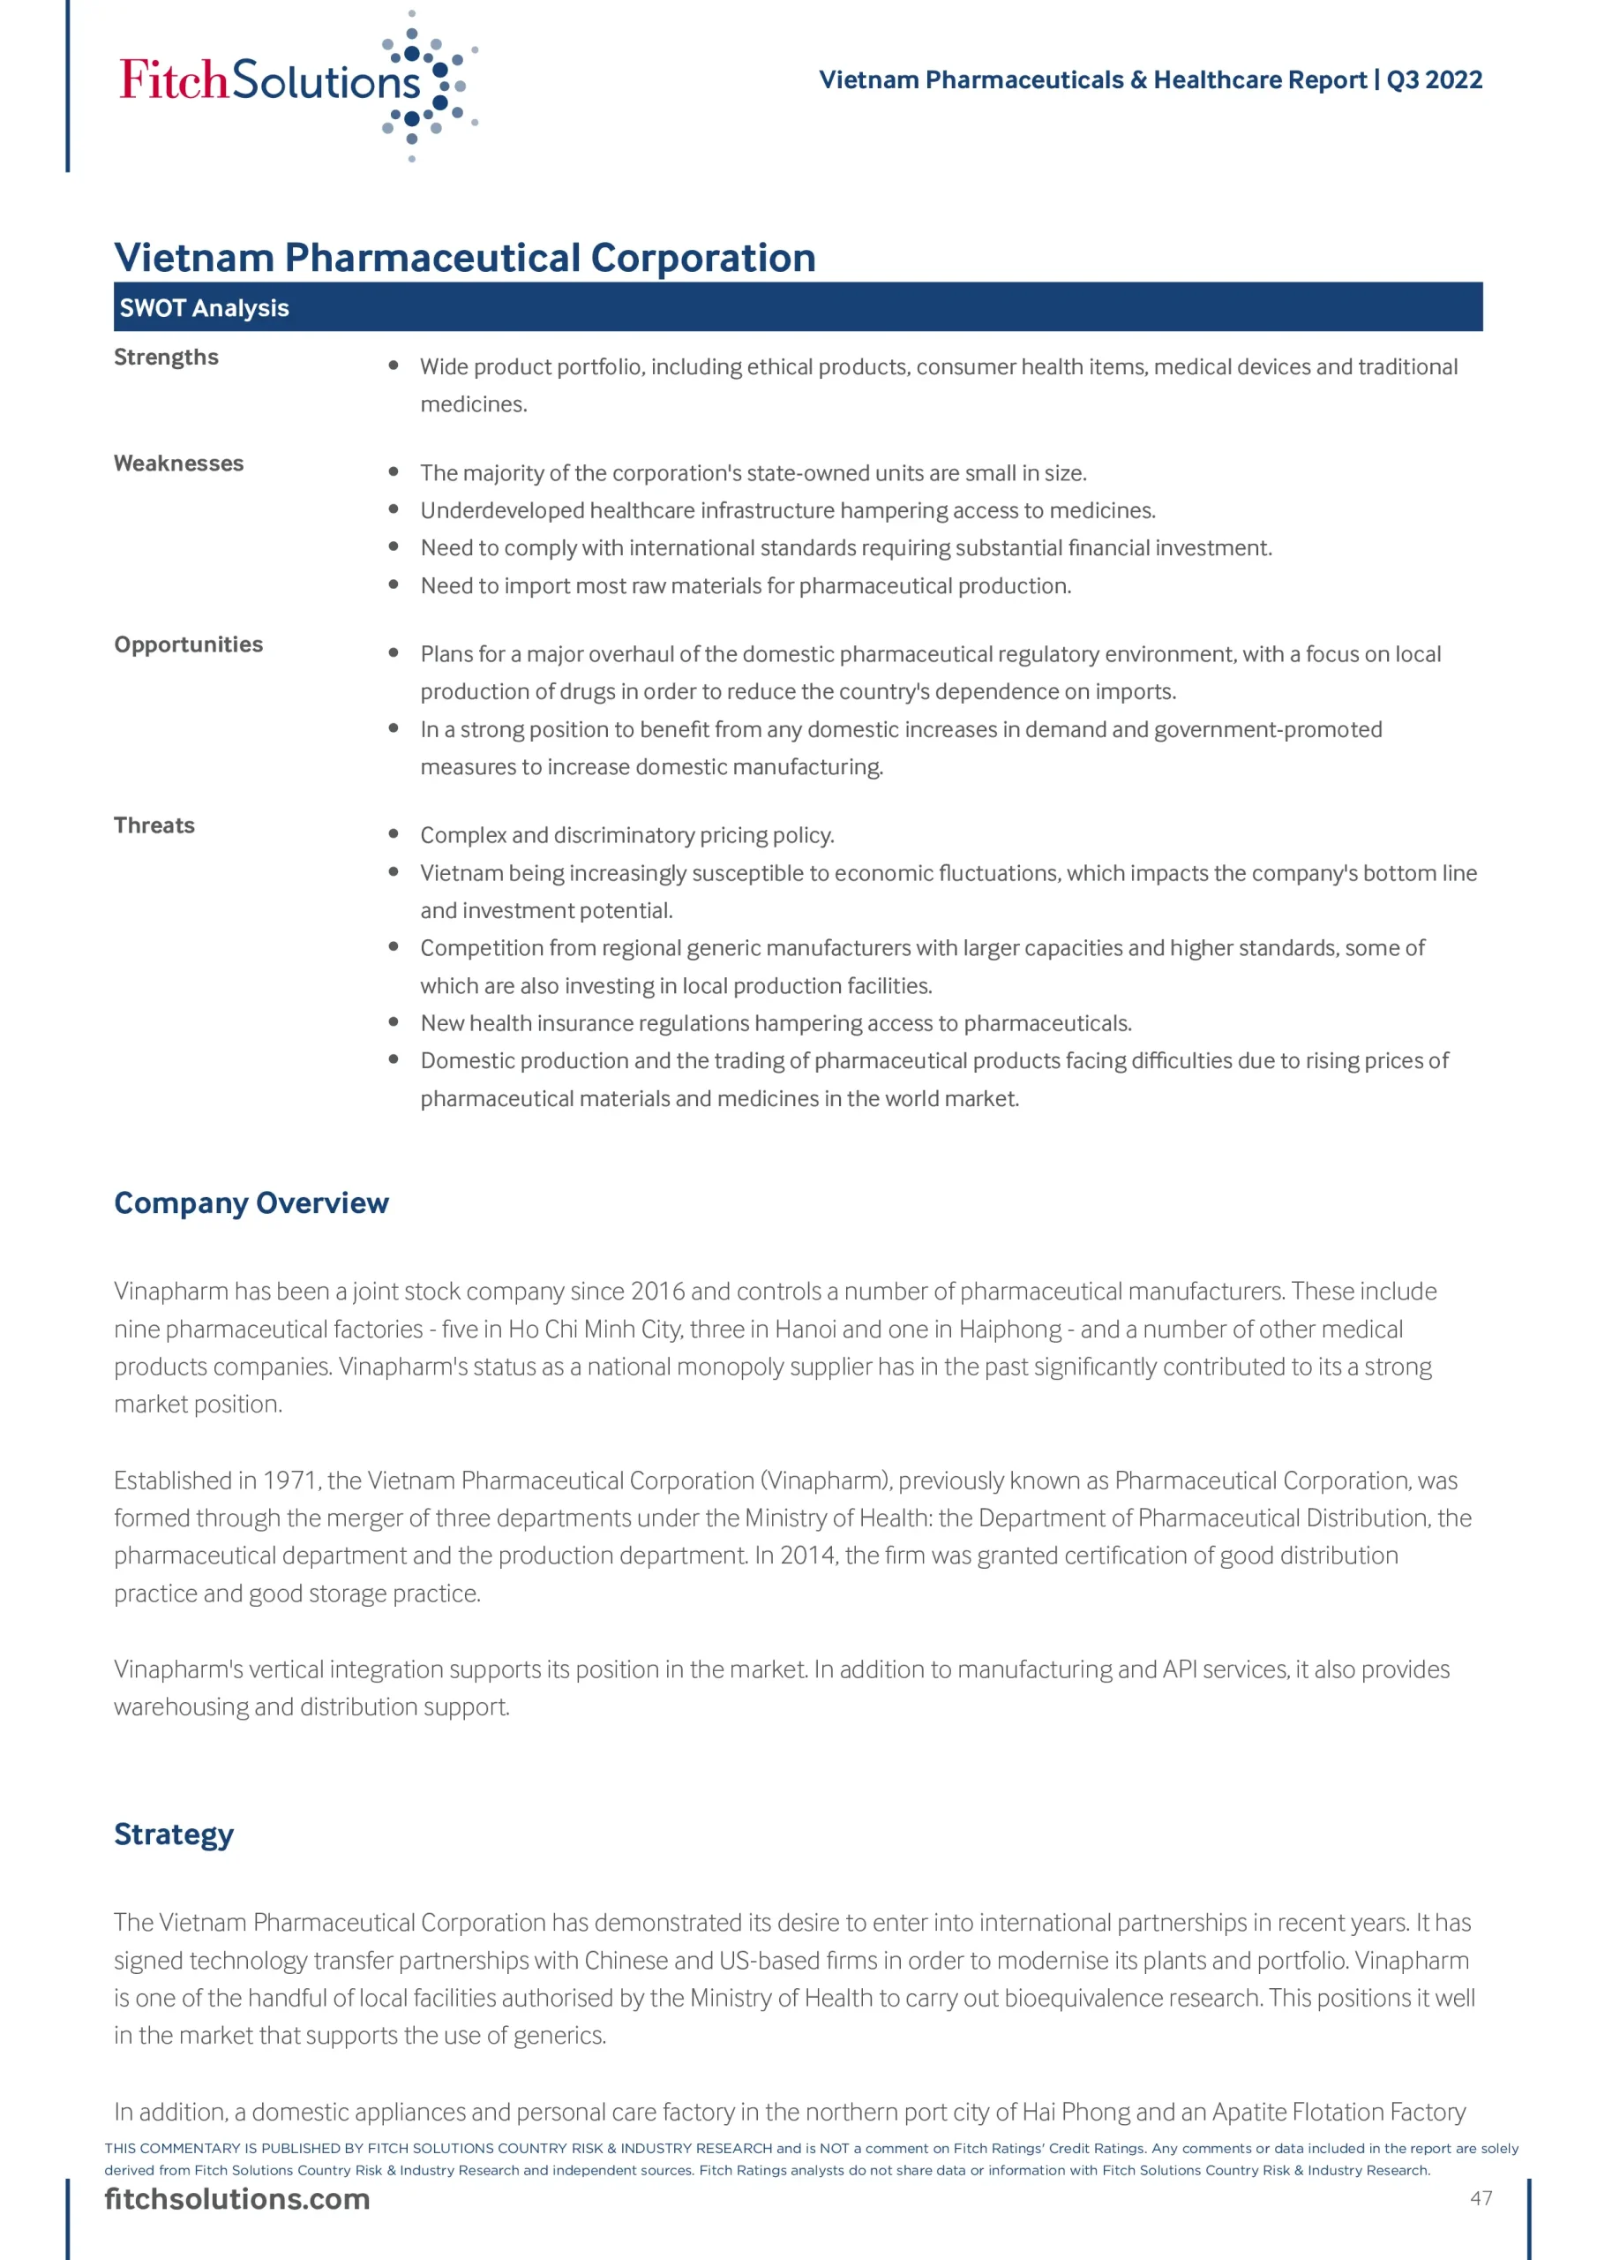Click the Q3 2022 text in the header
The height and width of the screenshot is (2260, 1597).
(1434, 79)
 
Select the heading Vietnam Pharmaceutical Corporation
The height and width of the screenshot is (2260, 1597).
(464, 258)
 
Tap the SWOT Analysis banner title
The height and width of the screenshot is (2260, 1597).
(205, 308)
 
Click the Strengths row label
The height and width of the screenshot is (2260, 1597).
(166, 358)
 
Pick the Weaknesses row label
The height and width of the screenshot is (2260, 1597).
(179, 463)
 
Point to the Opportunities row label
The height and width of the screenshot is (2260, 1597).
(189, 644)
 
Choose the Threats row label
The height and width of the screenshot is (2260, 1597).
(154, 825)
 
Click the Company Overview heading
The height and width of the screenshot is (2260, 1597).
(251, 1203)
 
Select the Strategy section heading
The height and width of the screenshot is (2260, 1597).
(174, 1834)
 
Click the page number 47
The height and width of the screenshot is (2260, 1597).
(1481, 2198)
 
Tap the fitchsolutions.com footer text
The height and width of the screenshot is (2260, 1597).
(237, 2199)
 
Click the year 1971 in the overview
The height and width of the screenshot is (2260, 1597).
(289, 1480)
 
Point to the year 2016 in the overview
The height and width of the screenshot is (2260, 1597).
(657, 1292)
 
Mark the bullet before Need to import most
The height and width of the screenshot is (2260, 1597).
(394, 584)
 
